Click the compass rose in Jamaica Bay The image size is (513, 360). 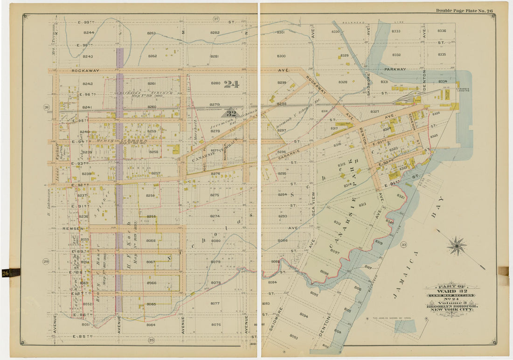457,246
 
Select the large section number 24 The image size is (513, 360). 231,84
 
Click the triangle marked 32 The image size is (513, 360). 231,113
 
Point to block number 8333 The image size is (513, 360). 396,31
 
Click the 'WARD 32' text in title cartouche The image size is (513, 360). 451,290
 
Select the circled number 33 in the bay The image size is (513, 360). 403,244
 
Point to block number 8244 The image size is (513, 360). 88,32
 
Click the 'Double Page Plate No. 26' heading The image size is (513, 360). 464,10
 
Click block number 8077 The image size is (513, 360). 215,303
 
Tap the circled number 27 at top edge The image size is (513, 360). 216,19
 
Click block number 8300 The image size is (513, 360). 281,56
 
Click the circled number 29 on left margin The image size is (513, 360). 46,261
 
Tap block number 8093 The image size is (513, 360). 293,336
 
